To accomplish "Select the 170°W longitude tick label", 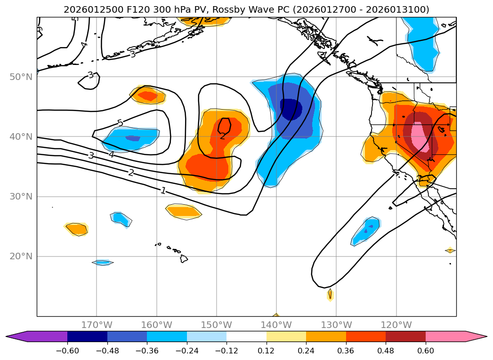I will tap(97, 325).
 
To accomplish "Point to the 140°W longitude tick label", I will tap(276, 325).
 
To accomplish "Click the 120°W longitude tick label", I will tap(396, 325).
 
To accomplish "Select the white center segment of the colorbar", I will tap(246, 336).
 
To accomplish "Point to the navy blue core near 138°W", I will tap(291, 109).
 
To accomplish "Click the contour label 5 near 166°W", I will tap(120, 123).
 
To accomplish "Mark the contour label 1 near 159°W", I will tap(163, 191).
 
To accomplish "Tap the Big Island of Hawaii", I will tap(184, 258).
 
